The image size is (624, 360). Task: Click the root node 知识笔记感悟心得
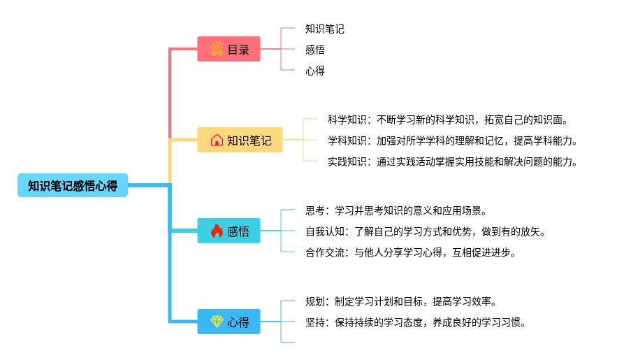73,185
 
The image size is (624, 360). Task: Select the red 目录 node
228,50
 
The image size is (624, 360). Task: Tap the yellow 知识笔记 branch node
240,140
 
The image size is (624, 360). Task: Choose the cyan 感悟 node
228,231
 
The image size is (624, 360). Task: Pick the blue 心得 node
228,322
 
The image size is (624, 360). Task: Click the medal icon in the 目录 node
217,50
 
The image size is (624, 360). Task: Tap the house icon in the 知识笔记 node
217,140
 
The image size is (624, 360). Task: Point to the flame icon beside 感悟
217,231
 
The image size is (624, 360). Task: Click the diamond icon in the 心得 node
217,322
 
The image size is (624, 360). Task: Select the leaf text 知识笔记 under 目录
325,29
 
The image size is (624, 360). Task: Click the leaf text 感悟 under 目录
315,50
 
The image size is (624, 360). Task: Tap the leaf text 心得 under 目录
315,71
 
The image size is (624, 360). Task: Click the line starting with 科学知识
447,120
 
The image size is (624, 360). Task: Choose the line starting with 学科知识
453,141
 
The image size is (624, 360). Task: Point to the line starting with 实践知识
453,161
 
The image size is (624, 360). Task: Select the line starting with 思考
396,210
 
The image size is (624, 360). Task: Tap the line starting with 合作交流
411,252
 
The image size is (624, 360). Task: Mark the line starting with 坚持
416,323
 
